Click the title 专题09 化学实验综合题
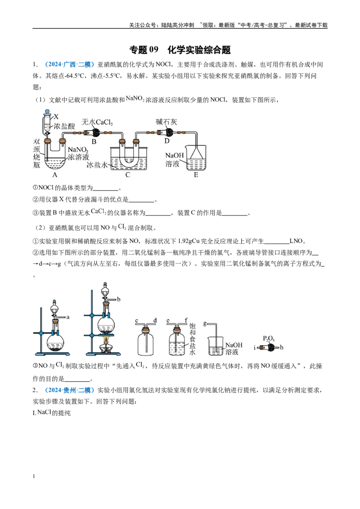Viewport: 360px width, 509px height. [180, 49]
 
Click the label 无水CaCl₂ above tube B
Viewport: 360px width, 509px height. [97, 122]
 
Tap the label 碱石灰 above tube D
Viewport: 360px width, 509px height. [166, 122]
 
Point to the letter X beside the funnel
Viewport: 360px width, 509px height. [56, 116]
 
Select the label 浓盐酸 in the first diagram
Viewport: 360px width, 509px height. [64, 126]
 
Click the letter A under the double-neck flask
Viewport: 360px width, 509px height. [54, 175]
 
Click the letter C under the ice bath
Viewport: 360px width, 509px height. [128, 175]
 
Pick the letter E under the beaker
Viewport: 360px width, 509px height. [196, 175]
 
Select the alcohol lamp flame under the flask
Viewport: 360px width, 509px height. [106, 340]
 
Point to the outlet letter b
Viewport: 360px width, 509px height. [119, 299]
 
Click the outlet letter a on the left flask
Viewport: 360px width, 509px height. [68, 317]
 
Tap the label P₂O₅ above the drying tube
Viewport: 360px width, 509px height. [269, 339]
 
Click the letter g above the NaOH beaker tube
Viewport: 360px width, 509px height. [205, 323]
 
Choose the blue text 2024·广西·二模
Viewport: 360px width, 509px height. [69, 65]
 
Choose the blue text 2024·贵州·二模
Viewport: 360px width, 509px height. [69, 390]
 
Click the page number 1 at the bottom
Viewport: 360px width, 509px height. [34, 476]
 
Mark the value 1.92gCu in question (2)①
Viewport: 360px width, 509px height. [189, 241]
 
